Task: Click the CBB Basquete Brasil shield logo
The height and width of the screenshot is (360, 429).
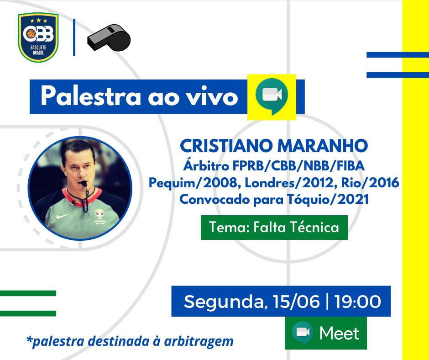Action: (38, 37)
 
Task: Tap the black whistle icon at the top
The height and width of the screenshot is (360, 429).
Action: (109, 37)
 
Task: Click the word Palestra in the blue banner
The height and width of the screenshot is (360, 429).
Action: (90, 96)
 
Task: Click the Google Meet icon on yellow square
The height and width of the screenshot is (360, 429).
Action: (272, 96)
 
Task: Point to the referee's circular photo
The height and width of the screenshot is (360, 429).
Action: (80, 188)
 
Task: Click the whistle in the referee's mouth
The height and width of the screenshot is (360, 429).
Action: (83, 183)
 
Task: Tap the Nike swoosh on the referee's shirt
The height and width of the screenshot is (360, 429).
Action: (63, 216)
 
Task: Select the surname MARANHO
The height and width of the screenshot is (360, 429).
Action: (323, 146)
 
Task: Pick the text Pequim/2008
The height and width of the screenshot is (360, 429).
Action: (195, 183)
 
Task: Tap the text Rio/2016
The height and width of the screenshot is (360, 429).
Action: (370, 182)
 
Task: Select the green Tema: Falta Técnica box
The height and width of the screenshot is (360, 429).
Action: (274, 228)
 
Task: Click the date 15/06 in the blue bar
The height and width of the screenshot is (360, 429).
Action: (296, 302)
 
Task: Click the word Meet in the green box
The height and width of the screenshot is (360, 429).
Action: (339, 333)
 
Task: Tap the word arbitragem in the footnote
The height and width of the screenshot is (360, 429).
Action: (199, 341)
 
